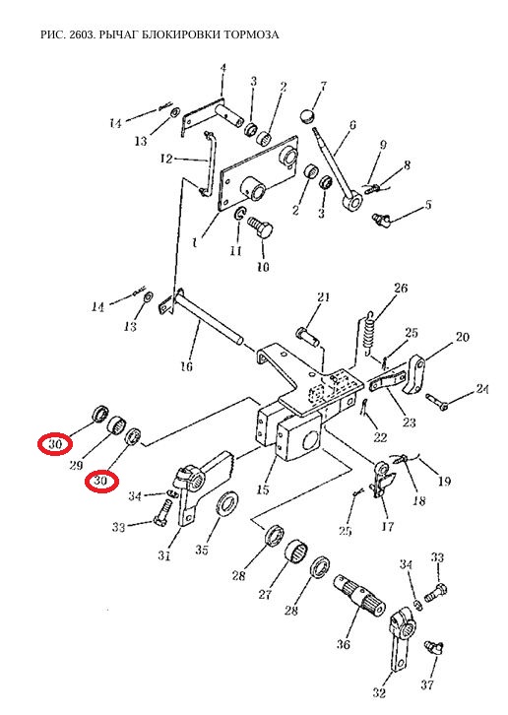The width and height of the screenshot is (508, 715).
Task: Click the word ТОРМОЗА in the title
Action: pos(250,34)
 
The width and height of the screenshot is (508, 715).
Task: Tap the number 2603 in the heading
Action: pos(82,34)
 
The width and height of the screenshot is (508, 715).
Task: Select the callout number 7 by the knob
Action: pos(324,86)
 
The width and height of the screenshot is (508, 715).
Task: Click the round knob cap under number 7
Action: pos(309,115)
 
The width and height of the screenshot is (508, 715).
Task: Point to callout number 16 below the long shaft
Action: pos(187,365)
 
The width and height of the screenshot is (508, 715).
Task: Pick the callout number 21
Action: pos(323,297)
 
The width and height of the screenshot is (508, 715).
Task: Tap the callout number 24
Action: pos(481,389)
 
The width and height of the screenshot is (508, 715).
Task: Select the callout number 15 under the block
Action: pos(263,489)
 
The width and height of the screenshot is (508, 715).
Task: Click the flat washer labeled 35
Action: pos(226,504)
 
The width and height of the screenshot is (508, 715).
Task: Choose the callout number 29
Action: pos(76,465)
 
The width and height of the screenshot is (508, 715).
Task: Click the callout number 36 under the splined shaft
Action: pos(344,644)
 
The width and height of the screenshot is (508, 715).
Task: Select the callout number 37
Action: pos(427,684)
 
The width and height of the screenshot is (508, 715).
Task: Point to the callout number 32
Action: pos(379,693)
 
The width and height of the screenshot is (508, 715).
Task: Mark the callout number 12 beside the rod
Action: pos(166,159)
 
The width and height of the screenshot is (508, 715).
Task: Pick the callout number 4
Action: pos(223,68)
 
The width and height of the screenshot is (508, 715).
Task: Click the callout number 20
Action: pos(463,337)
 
